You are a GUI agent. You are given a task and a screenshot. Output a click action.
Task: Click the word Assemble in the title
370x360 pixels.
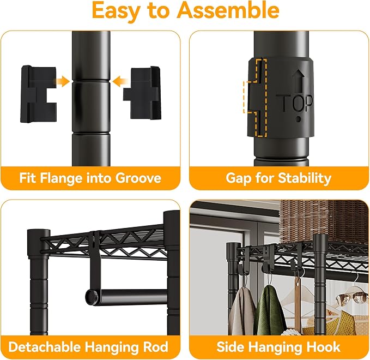[228, 10]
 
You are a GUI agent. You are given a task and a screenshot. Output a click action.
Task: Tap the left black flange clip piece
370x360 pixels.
[39, 94]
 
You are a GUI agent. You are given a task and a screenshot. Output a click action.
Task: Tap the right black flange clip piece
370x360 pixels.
[142, 93]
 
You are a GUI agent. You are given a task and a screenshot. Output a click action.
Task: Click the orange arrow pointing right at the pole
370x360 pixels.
[62, 81]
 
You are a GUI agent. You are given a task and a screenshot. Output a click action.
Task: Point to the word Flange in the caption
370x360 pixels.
[60, 178]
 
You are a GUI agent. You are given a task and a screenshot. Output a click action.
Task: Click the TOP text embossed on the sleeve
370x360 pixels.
[295, 103]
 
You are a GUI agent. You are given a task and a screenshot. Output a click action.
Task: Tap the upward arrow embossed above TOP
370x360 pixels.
[299, 81]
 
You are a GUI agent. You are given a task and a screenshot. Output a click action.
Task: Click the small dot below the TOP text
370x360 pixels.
[299, 119]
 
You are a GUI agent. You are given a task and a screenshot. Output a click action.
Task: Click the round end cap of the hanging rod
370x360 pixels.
[92, 296]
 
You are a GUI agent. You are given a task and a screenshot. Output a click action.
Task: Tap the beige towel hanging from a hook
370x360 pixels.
[242, 311]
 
